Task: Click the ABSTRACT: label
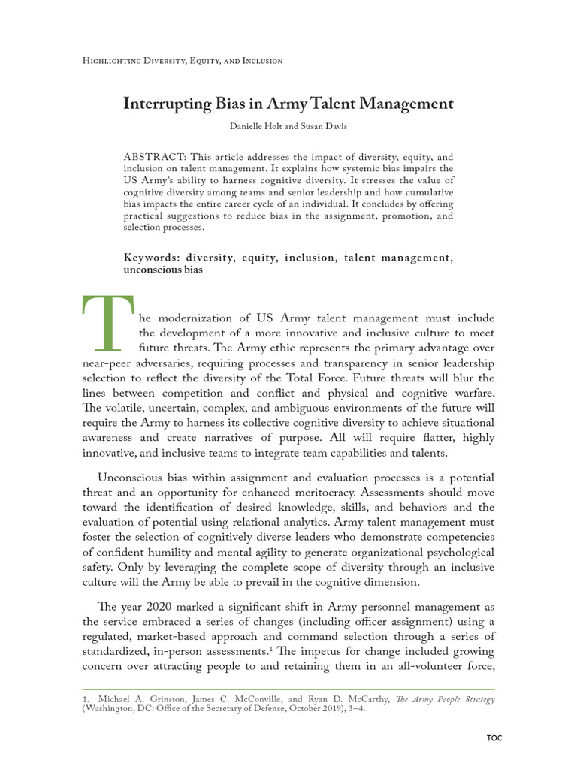pos(154,158)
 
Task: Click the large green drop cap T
pos(105,323)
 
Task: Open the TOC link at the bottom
pos(494,737)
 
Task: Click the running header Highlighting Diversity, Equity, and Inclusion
pos(182,61)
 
